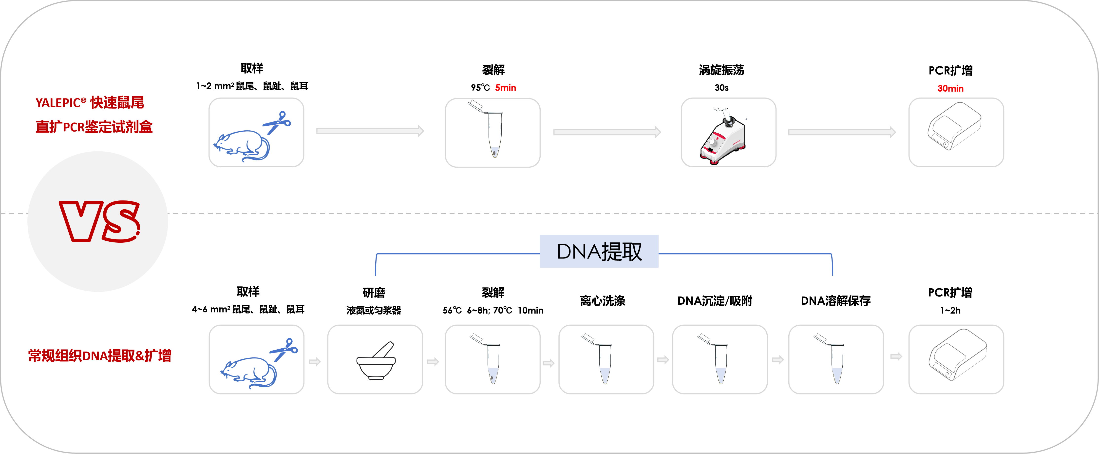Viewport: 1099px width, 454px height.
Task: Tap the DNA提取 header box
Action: tap(599, 251)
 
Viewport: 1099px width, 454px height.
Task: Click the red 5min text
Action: tap(506, 87)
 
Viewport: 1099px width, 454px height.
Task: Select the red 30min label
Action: tap(950, 88)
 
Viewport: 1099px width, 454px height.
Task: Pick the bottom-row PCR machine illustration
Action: tap(957, 354)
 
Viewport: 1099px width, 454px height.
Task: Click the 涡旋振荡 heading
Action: tap(721, 70)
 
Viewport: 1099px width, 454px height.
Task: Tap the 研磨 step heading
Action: tap(374, 293)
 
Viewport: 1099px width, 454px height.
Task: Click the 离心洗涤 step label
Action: tap(602, 301)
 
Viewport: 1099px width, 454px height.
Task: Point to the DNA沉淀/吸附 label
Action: tap(715, 301)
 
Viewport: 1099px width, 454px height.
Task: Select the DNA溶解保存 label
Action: tap(835, 301)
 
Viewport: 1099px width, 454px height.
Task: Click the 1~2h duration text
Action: tap(950, 310)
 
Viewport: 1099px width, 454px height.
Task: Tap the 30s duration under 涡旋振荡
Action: tap(721, 87)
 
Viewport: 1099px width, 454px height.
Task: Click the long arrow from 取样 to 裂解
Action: tap(370, 131)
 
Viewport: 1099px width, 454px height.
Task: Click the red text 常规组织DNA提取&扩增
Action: tap(100, 355)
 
